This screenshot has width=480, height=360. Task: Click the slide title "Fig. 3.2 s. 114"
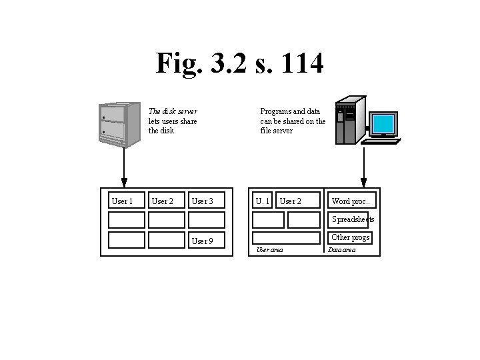point(239,64)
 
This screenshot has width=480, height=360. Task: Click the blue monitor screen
point(384,124)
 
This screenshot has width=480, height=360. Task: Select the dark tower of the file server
point(350,120)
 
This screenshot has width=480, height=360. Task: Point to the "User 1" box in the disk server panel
point(125,201)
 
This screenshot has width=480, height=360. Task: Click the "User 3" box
point(206,201)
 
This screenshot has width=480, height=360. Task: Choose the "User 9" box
point(206,241)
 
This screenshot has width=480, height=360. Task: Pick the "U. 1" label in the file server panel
point(263,201)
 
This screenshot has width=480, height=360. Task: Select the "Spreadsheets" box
point(351,219)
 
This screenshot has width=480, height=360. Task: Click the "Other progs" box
point(351,237)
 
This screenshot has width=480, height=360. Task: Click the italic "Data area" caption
point(342,250)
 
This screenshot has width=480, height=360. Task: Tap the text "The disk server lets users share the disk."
point(173,121)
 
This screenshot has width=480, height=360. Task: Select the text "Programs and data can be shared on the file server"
point(293,121)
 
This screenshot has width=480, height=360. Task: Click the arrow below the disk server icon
point(124,167)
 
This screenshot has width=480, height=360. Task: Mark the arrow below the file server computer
point(364,167)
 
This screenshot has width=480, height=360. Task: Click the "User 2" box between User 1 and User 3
point(166,201)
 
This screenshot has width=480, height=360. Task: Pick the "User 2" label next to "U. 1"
point(291,201)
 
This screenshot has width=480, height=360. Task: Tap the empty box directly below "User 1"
point(126,220)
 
